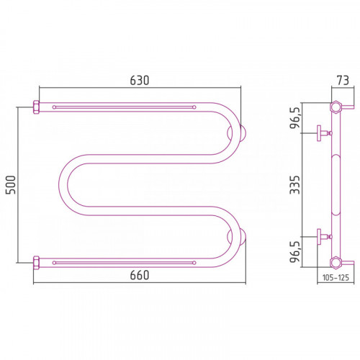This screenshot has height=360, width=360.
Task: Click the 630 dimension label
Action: click(x=140, y=81)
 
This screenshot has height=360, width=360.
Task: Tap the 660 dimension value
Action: click(x=140, y=275)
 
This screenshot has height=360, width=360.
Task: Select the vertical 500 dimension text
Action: click(x=11, y=185)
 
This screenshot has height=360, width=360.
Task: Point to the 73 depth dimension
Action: click(x=343, y=81)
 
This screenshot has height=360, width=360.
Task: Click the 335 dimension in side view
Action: click(x=295, y=185)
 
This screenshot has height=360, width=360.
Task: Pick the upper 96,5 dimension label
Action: click(x=295, y=118)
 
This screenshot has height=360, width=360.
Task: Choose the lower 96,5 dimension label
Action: click(x=295, y=252)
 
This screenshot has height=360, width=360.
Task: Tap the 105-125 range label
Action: click(x=336, y=278)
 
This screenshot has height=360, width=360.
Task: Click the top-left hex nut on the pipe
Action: click(x=36, y=107)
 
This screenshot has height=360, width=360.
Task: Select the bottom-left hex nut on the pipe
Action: click(x=36, y=263)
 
